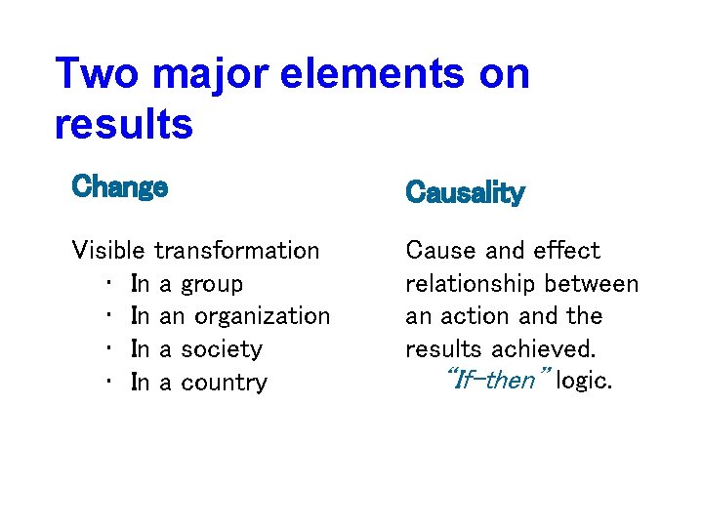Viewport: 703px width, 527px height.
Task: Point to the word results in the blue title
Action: point(124,125)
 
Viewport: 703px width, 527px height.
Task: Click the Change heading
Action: point(119,186)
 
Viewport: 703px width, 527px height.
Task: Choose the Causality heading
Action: point(465,193)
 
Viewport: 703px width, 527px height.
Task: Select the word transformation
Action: point(237,251)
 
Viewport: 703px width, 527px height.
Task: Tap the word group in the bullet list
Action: point(212,285)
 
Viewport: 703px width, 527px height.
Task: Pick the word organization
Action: point(263,317)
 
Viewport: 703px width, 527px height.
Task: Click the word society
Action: point(222,349)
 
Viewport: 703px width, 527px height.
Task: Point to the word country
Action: point(224,383)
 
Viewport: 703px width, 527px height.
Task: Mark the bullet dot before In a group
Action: point(106,285)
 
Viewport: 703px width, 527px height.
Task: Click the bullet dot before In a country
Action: point(106,383)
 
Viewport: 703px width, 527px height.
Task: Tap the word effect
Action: point(566,251)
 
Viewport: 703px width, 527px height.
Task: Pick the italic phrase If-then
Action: point(496,381)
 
